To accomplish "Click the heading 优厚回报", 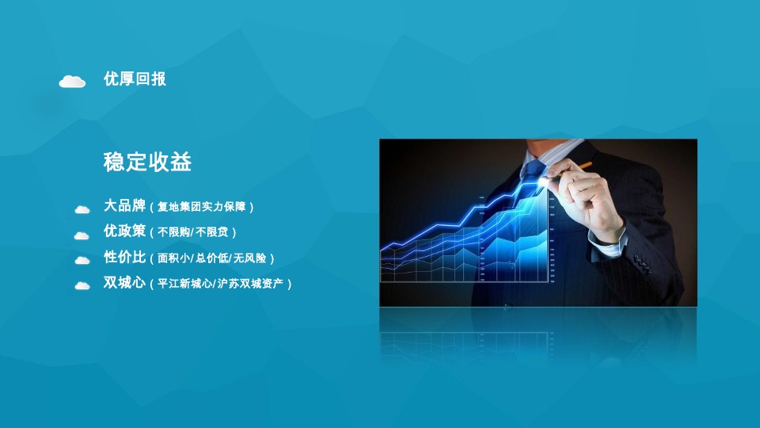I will (135, 79).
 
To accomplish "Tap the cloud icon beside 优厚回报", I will (72, 81).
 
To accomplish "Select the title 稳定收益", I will (147, 162).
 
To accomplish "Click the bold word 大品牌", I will (125, 206).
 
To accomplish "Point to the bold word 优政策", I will (125, 231).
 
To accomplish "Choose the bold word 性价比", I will (125, 257).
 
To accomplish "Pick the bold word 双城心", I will (125, 282).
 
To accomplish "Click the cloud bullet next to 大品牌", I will (82, 209).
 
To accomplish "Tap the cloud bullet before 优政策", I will (82, 235).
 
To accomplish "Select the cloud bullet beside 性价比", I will (82, 260).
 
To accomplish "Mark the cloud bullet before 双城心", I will (82, 285).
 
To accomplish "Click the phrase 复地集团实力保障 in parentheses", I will (202, 208).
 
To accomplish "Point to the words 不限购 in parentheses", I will (173, 232).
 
